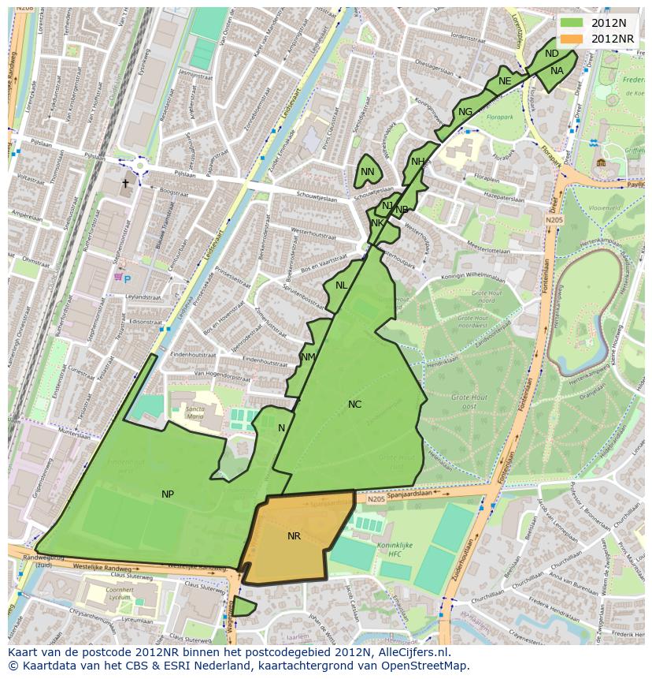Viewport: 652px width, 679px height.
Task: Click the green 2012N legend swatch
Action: coord(573,23)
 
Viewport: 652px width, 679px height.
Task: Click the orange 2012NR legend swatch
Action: coord(573,39)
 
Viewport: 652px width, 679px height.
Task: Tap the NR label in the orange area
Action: coord(294,536)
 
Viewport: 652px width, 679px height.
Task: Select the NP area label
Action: coord(168,494)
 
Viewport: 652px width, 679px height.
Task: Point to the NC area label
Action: coord(355,405)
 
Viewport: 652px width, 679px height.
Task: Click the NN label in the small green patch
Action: coord(368,172)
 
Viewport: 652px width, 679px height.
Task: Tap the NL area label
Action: coord(342,285)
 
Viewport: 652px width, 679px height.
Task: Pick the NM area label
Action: coord(308,357)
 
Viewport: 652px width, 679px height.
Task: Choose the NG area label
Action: coord(465,112)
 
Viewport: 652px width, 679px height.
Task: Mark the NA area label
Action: coord(557,71)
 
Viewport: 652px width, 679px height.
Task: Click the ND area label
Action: coord(552,54)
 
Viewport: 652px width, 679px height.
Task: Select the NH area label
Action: coord(417,162)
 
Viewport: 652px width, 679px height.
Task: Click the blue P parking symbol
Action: coord(127,280)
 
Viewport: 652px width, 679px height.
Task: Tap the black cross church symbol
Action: coord(124,184)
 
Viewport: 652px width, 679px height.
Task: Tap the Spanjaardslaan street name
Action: coord(328,502)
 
